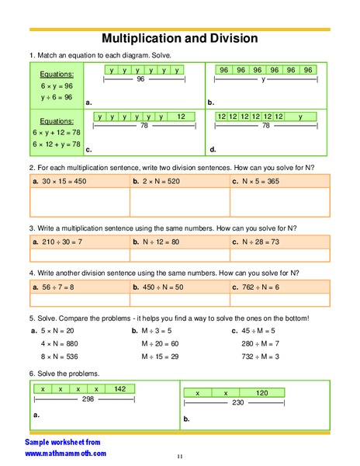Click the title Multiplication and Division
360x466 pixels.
click(x=180, y=38)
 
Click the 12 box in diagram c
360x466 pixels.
click(x=182, y=116)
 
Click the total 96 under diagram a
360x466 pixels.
click(x=140, y=79)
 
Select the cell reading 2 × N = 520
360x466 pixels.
click(x=159, y=180)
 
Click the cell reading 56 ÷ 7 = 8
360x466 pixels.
click(x=58, y=287)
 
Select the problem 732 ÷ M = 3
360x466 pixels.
click(x=261, y=356)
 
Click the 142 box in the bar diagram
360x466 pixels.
click(x=119, y=388)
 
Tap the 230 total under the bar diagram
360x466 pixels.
click(x=237, y=403)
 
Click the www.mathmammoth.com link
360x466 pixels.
click(x=66, y=453)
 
